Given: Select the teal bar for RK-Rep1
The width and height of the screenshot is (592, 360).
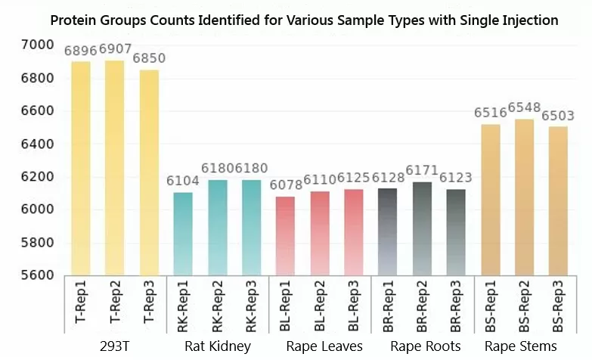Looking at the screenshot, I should coord(183,234).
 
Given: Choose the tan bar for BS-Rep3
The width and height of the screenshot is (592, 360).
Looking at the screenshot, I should coord(558,200).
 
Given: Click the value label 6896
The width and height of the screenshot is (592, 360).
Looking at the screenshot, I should coord(82,51).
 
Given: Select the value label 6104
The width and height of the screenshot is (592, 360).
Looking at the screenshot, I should coord(183,182).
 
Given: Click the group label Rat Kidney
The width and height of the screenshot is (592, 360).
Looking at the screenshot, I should coord(217,346).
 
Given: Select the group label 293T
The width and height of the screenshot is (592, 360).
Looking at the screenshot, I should coord(115,346).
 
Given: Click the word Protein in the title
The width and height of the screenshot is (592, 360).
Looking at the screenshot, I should coord(74,20).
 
